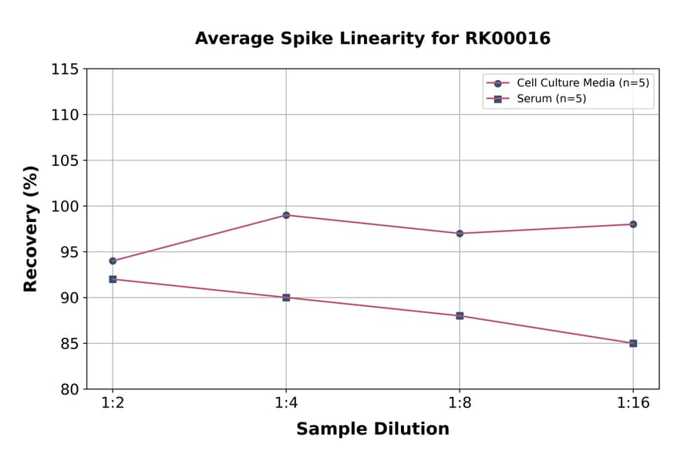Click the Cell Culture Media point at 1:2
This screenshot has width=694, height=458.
pos(113,261)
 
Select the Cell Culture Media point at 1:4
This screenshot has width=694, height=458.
pos(286,215)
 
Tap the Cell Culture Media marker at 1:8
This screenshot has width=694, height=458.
pos(460,233)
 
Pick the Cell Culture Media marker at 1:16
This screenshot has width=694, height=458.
pos(633,224)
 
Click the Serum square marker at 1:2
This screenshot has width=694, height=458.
pos(113,279)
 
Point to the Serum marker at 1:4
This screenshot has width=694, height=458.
pos(286,298)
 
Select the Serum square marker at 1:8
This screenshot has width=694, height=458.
pos(460,315)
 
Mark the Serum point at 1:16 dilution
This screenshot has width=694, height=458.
pos(633,343)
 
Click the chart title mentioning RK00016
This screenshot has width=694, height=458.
pos(372,39)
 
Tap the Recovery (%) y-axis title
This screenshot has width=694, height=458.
pos(31,228)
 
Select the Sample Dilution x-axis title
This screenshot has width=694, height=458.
pos(372,429)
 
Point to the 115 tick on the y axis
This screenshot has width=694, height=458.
pos(65,69)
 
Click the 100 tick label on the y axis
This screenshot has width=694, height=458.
pos(65,207)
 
